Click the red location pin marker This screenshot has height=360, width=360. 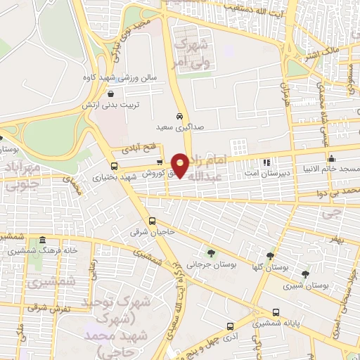(181, 165)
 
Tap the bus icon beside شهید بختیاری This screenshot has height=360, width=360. (115, 167)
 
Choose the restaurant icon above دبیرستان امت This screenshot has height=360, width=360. (266, 162)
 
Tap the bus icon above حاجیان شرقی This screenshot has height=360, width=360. (153, 220)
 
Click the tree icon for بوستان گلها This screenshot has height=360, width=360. (270, 255)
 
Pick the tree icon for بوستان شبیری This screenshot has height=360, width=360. (304, 274)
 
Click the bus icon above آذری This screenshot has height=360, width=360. (231, 326)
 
